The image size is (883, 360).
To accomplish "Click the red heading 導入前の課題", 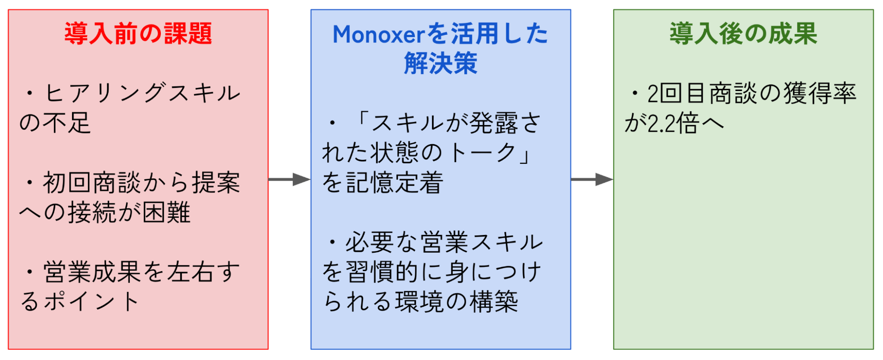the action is coord(138,34).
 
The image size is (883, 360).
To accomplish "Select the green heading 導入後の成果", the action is coord(743,34).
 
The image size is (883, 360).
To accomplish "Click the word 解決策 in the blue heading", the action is coord(440,63).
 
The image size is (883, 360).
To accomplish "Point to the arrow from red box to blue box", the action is coord(289,179).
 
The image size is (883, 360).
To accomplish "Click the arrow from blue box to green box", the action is coord(592,179).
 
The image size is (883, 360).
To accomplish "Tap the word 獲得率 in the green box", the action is coord(820,93).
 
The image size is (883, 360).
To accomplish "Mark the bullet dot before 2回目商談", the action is coord(635,94).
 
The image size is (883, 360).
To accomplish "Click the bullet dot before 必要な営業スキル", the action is coord(332,242).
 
